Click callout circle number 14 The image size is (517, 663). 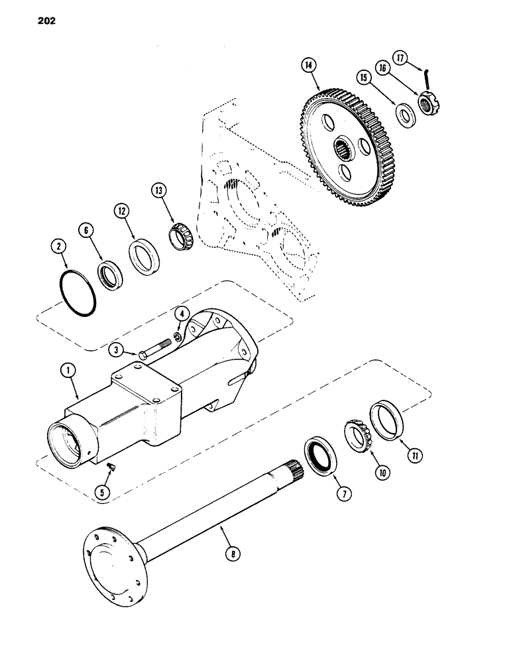pyautogui.click(x=308, y=66)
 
